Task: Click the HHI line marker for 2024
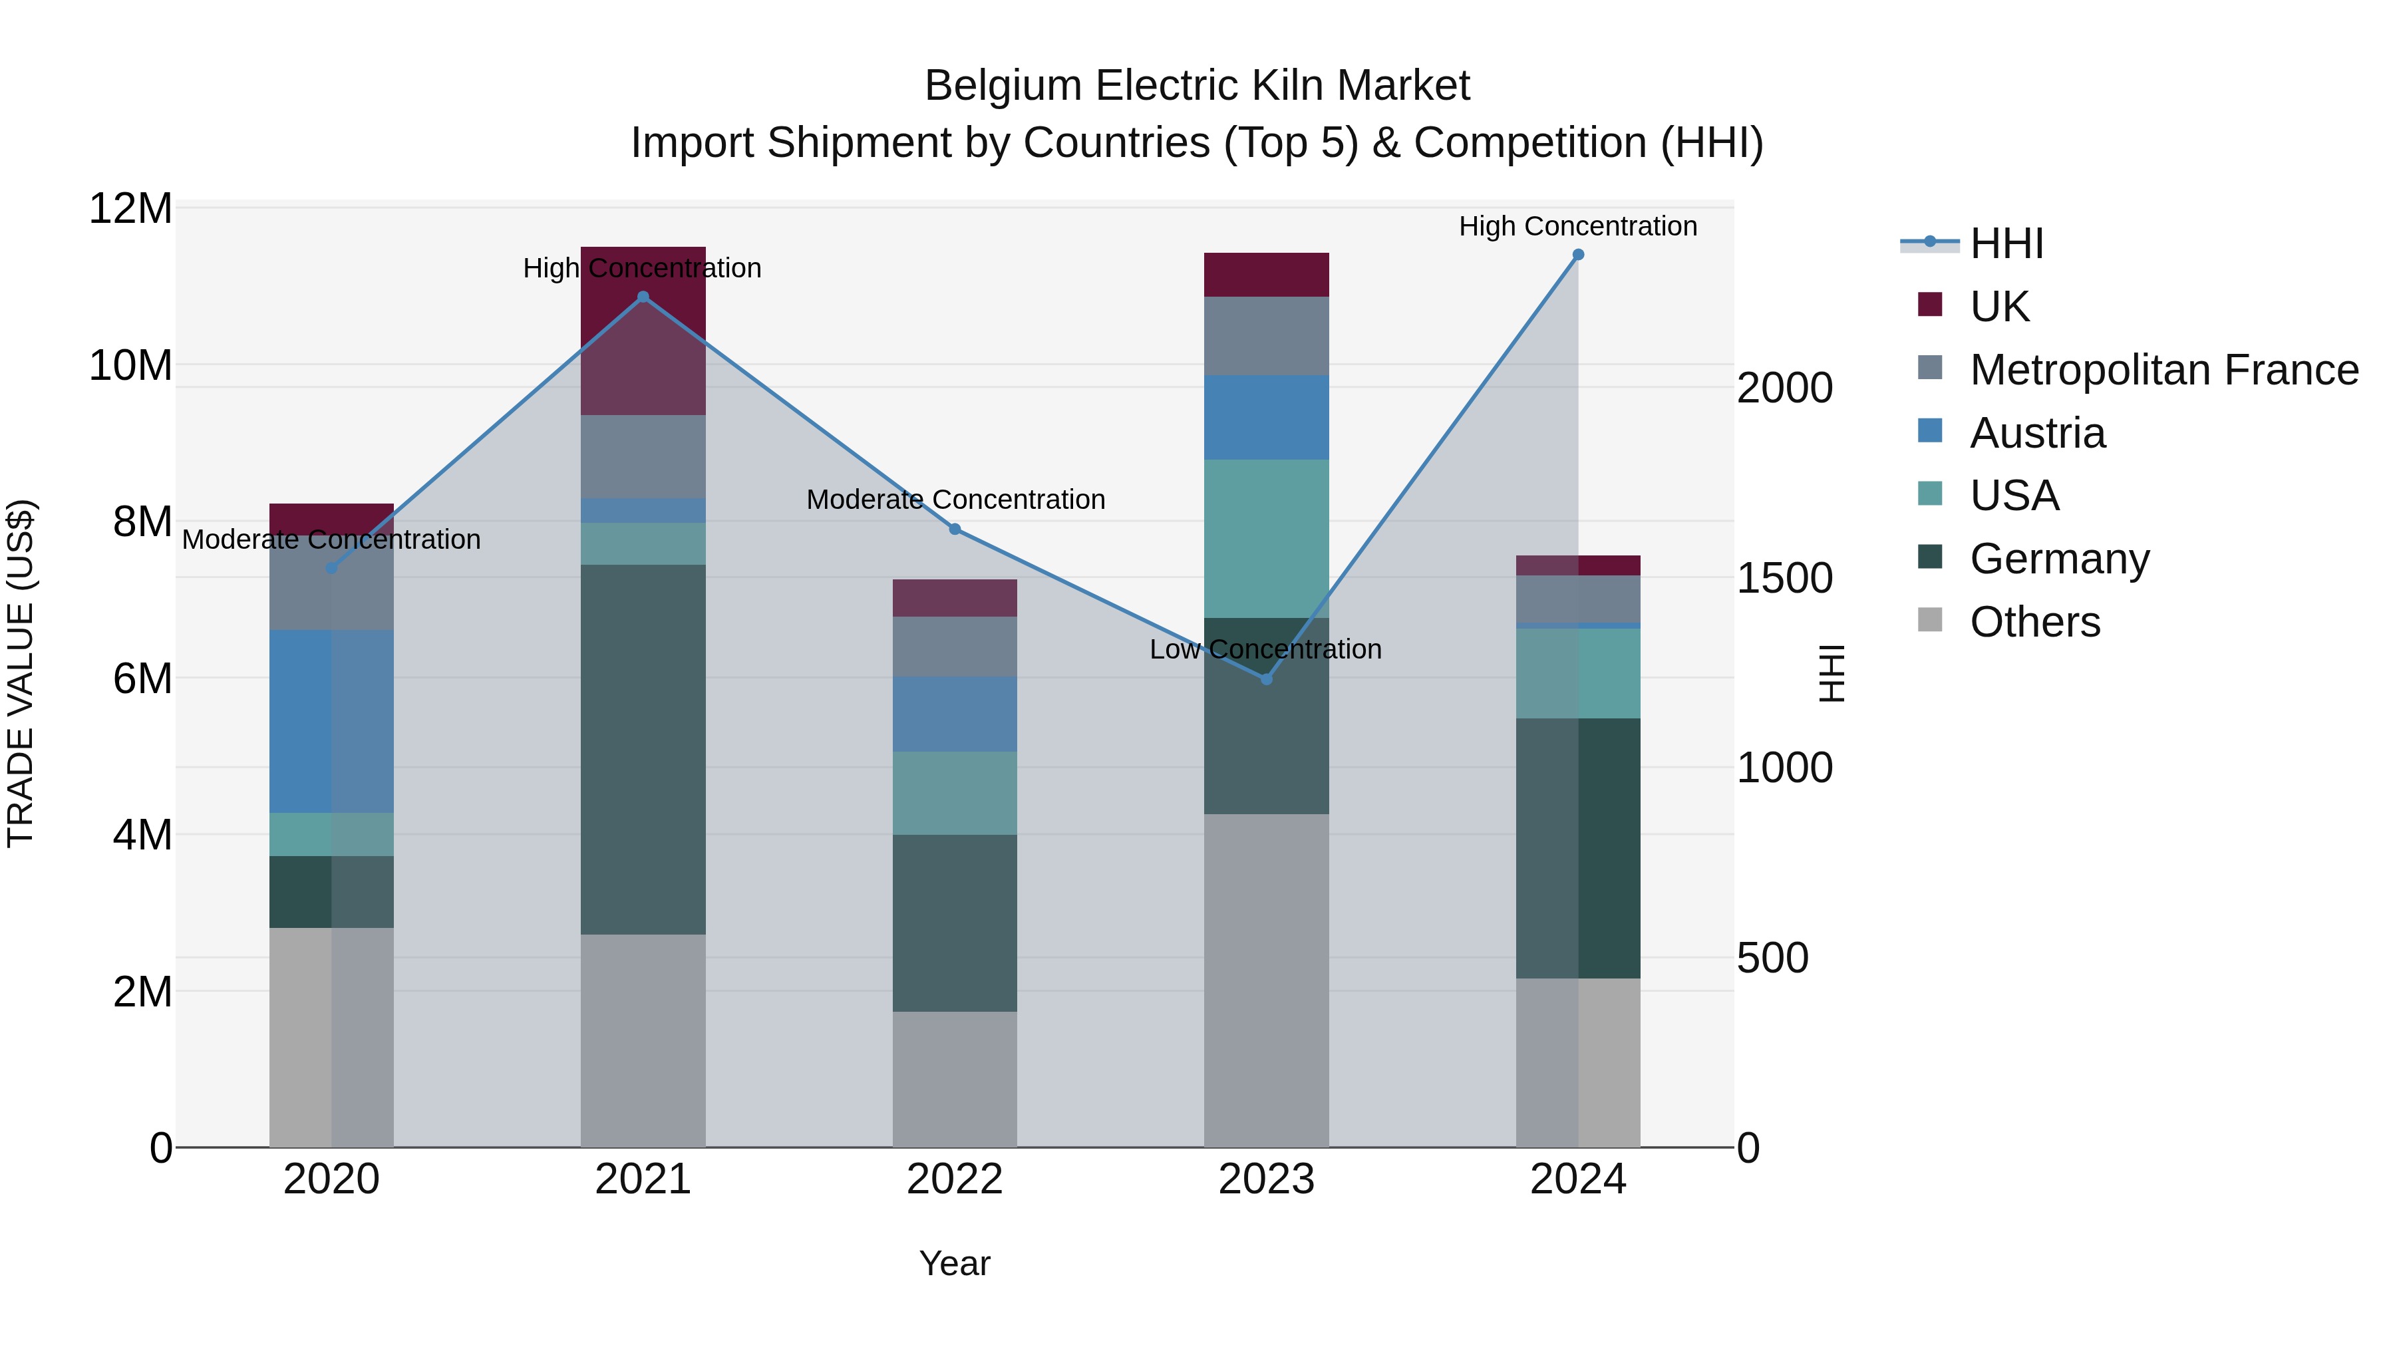pyautogui.click(x=1578, y=255)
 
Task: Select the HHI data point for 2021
pyautogui.click(x=643, y=297)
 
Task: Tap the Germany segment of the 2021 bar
pyautogui.click(x=643, y=749)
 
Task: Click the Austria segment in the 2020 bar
pyautogui.click(x=331, y=721)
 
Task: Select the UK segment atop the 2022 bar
pyautogui.click(x=955, y=598)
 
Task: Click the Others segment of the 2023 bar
pyautogui.click(x=1266, y=980)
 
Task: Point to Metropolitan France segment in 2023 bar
pyautogui.click(x=1266, y=336)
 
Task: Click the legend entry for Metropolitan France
pyautogui.click(x=2163, y=370)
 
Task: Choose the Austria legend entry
pyautogui.click(x=2036, y=433)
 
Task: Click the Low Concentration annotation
pyautogui.click(x=1265, y=649)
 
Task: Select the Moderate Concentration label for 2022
pyautogui.click(x=955, y=499)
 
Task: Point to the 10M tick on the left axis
pyautogui.click(x=130, y=365)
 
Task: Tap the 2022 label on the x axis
pyautogui.click(x=955, y=1179)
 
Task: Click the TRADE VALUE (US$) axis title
pyautogui.click(x=21, y=673)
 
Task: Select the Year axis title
pyautogui.click(x=955, y=1263)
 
